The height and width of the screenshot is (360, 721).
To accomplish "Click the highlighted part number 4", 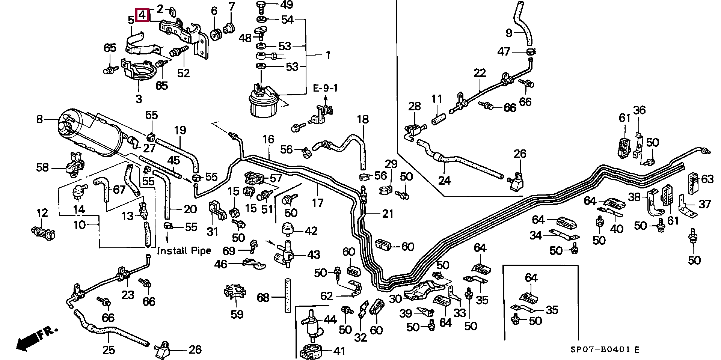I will click(x=142, y=15).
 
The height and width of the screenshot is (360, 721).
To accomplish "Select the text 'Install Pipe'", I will click(x=184, y=250).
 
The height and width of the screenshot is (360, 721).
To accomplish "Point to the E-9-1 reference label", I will click(x=325, y=89).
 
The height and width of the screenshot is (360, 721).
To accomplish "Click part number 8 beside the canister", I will click(x=39, y=120).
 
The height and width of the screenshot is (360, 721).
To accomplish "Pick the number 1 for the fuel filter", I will click(x=328, y=56).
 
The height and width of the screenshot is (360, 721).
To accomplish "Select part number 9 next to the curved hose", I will click(x=509, y=33).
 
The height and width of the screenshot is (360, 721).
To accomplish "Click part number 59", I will click(x=237, y=314).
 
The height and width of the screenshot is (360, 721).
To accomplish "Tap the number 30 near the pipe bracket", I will click(x=395, y=298).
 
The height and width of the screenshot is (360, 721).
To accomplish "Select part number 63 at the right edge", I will click(x=707, y=179).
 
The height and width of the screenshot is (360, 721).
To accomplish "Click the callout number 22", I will click(x=480, y=73).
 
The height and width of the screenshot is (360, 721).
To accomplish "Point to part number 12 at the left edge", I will click(x=42, y=213).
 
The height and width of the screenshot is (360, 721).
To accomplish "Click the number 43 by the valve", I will click(x=314, y=255).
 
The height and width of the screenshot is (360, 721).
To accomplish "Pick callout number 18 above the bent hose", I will click(x=363, y=120).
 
